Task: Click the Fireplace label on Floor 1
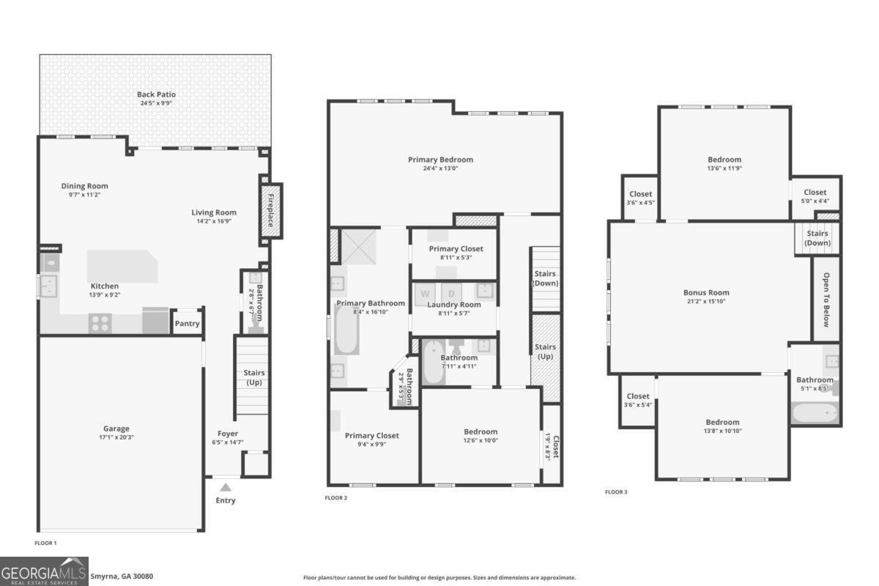tap(271, 209)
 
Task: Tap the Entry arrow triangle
tap(226, 486)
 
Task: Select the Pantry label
tap(187, 324)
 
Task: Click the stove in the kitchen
tap(100, 322)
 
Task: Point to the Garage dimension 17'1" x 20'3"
tap(116, 437)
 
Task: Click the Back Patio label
tap(156, 94)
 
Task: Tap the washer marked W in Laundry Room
tap(424, 294)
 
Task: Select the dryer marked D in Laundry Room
tap(451, 294)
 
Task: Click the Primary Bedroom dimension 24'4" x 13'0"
tap(440, 168)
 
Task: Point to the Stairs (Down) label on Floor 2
tap(544, 278)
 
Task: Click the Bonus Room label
tap(706, 293)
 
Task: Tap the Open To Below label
tap(826, 299)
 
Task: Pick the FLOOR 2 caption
tap(335, 498)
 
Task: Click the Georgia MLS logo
tap(44, 571)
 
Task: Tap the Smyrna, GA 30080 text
tap(122, 576)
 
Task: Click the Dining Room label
tap(84, 186)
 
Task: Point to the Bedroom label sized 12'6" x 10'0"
tap(480, 432)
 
